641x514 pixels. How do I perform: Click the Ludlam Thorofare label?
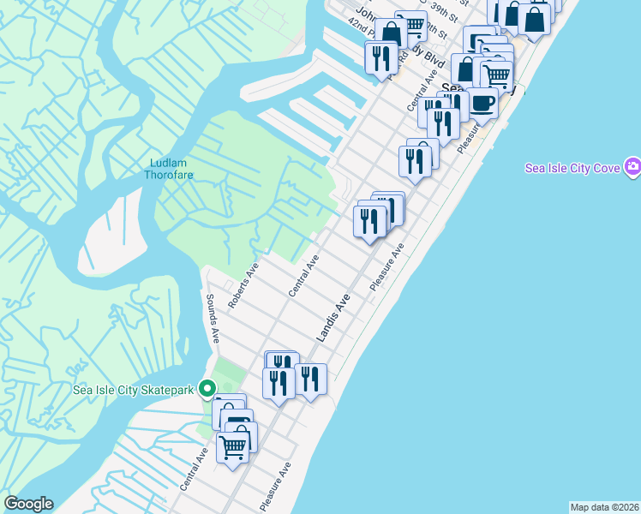(171, 169)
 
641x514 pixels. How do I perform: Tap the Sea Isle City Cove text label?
(572, 168)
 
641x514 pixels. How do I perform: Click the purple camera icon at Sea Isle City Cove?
(632, 165)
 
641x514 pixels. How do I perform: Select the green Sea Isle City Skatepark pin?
(207, 390)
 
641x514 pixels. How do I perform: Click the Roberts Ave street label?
(243, 285)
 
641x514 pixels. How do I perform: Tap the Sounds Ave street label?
(213, 319)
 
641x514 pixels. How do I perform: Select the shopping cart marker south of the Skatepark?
(233, 445)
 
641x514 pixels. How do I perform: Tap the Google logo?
(28, 504)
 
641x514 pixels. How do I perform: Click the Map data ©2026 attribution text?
(604, 507)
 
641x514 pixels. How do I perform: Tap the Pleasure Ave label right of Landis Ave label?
(386, 266)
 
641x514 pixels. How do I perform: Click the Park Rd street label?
(396, 67)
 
